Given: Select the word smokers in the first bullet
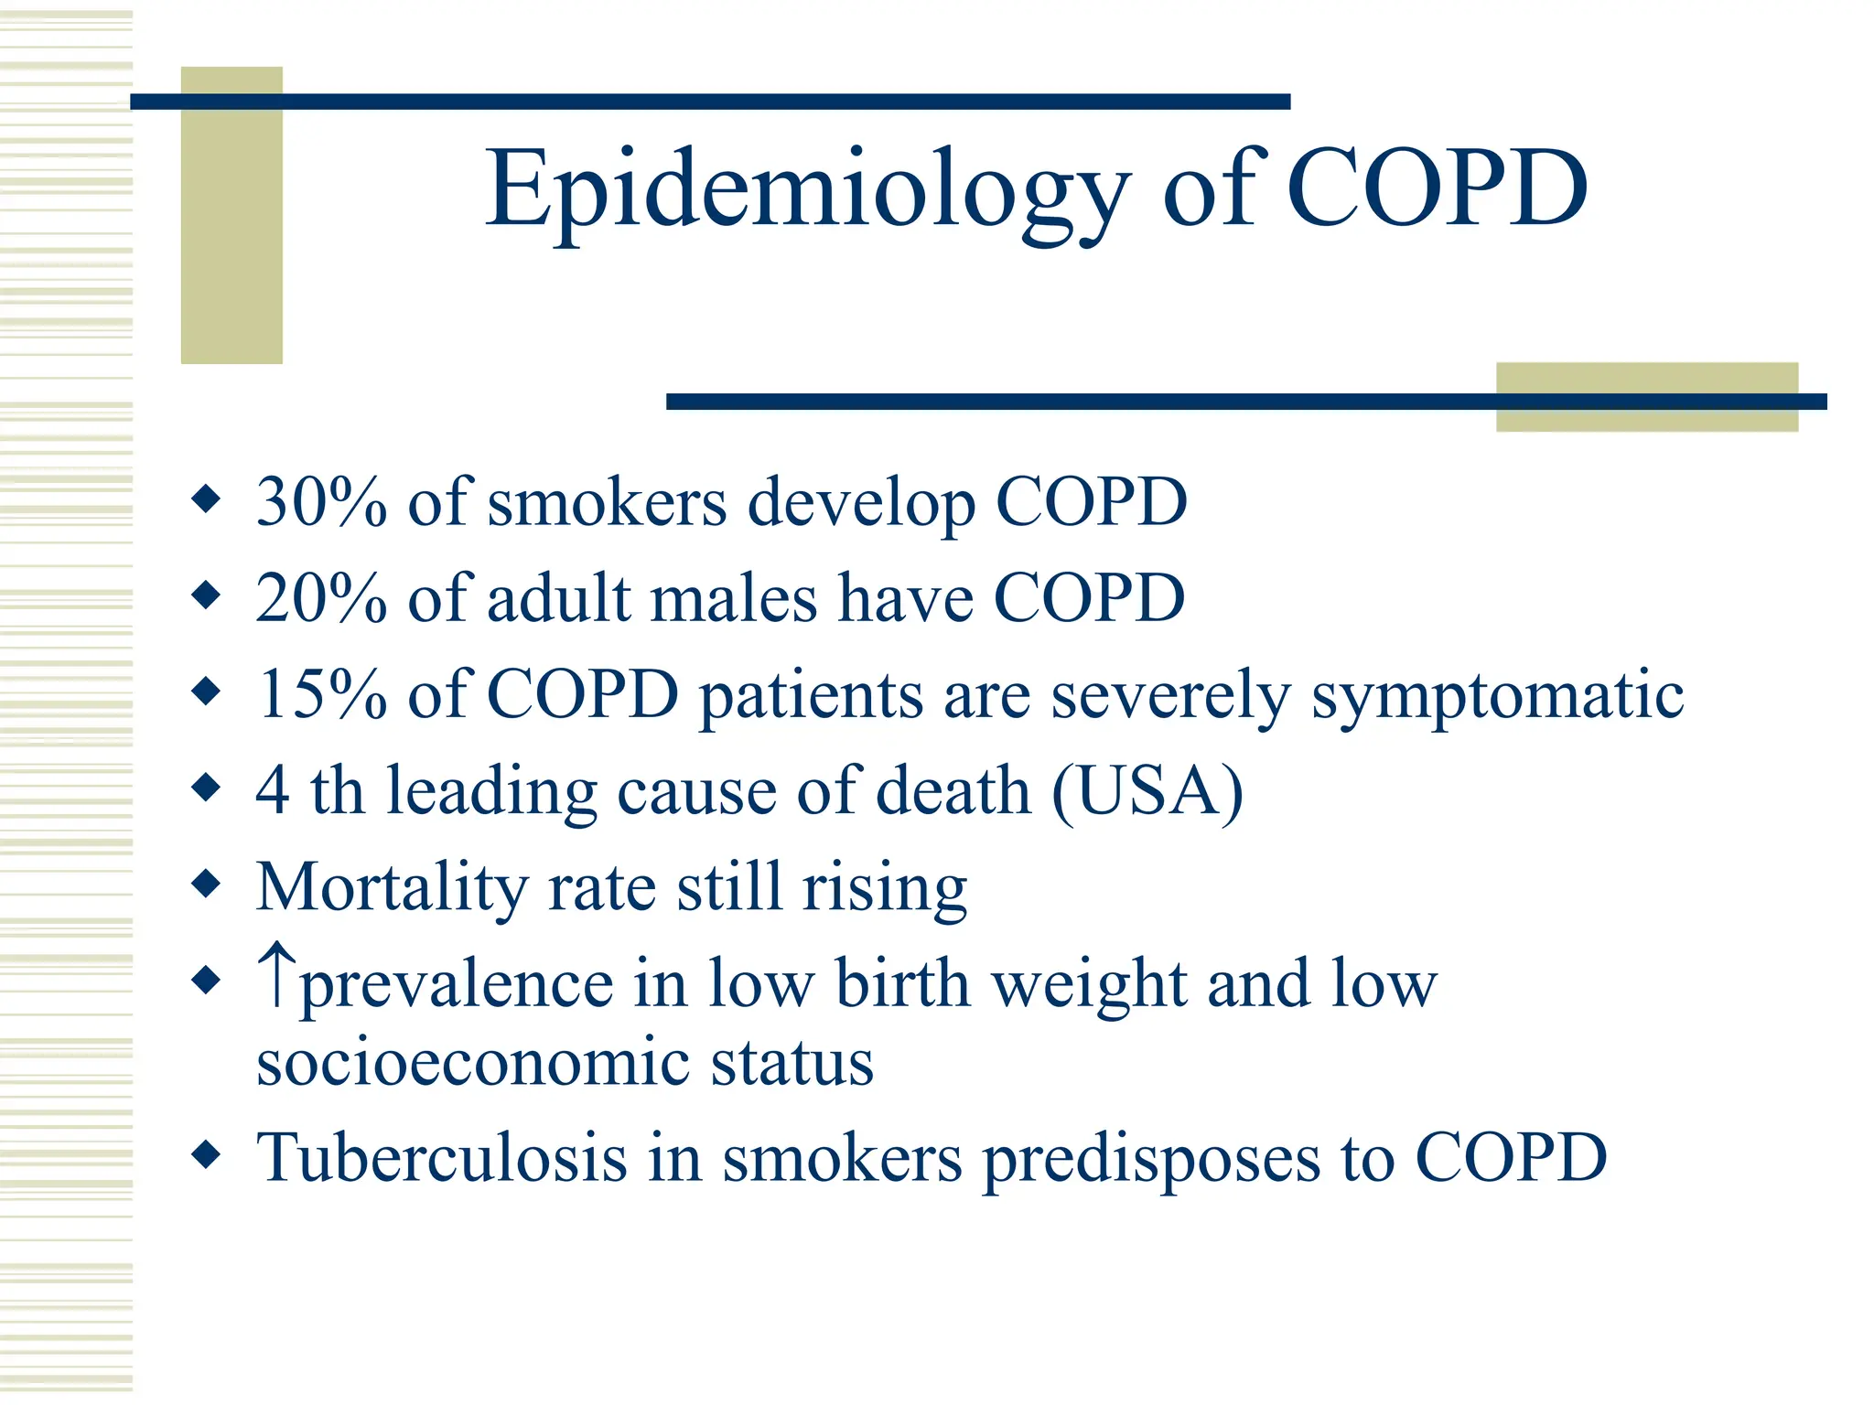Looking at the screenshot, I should coord(607,503).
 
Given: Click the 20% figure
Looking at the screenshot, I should coord(321,598).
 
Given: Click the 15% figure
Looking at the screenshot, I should coord(321,694).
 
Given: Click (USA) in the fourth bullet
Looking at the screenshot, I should coord(1147,791).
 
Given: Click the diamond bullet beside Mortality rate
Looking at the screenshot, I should coord(207,884).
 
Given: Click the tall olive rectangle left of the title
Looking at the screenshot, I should coord(232,215).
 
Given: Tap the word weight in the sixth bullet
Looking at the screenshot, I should coord(1090,985).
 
